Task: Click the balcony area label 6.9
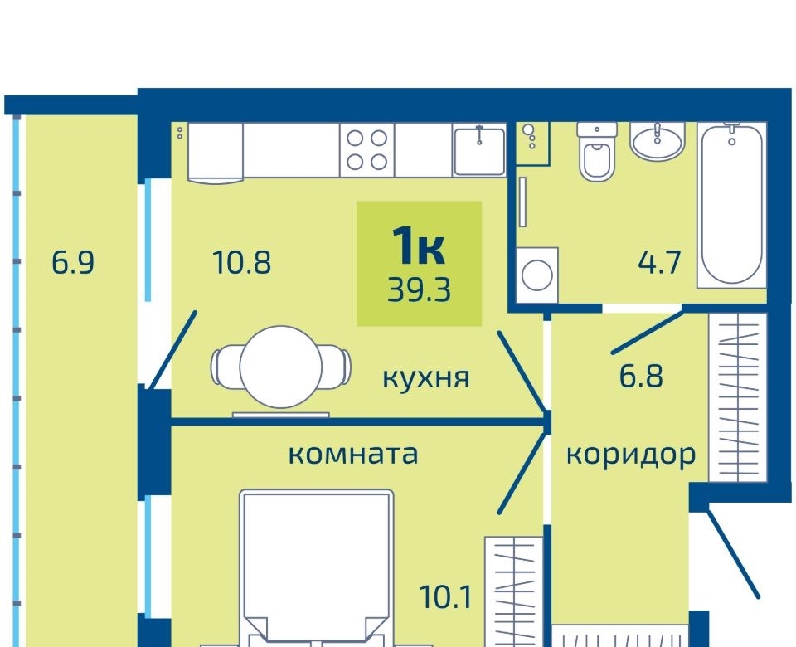pos(73,263)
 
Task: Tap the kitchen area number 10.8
pos(242,263)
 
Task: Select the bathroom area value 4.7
pos(659,263)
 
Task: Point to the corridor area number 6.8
pos(641,377)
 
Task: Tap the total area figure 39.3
pos(420,291)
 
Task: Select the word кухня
pos(426,378)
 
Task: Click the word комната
pos(353,454)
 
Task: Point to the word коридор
pos(631,455)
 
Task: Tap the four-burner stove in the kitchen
pos(367,150)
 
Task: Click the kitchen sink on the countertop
pos(479,151)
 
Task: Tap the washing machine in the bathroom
pos(537,275)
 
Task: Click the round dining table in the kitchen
pos(281,367)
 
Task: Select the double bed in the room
pos(316,567)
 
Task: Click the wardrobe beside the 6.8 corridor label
pos(737,397)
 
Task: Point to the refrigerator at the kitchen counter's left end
pos(216,152)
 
